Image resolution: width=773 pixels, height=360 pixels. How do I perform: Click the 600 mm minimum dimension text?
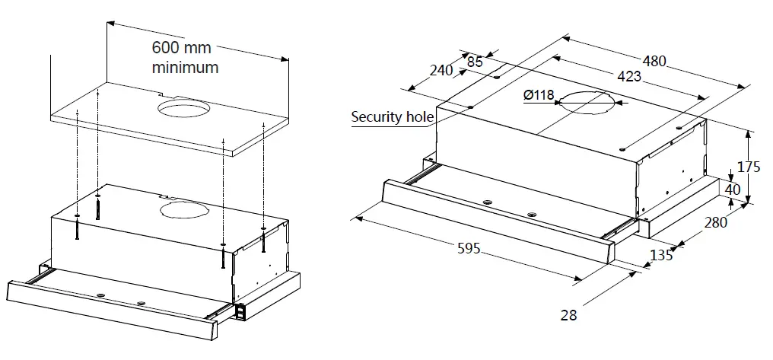185,57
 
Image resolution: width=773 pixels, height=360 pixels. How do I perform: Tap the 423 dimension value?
628,77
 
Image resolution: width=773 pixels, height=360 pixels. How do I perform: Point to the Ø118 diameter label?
539,96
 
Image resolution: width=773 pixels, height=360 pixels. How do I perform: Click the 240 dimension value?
441,71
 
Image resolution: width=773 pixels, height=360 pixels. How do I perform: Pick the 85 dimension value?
475,62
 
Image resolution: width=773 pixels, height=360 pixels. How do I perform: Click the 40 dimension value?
732,190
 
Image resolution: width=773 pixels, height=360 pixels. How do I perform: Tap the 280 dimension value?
715,222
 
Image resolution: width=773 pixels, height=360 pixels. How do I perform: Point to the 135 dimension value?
662,255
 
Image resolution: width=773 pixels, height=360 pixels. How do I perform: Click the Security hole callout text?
392,117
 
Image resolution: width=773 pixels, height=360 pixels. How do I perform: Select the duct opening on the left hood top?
181,209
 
